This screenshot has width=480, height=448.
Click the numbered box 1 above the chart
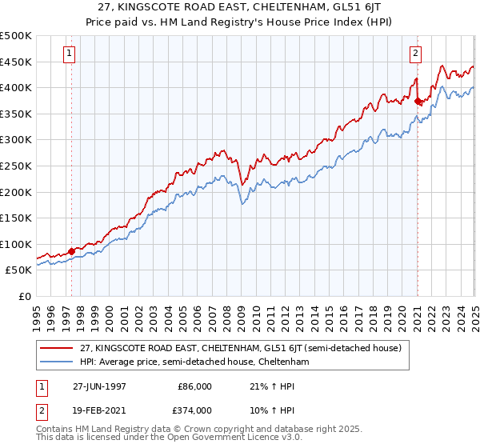point(70,54)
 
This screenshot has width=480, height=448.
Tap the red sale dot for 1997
point(71,251)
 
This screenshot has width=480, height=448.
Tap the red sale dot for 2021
point(418,100)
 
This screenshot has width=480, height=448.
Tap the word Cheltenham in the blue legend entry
point(283,362)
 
